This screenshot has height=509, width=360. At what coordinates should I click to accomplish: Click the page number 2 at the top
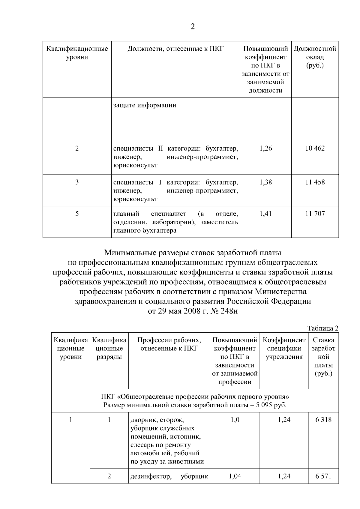193,27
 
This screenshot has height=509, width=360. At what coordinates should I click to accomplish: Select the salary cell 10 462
315,148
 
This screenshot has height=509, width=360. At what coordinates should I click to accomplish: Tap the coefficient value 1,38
265,182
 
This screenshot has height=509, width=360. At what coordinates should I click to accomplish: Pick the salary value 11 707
315,214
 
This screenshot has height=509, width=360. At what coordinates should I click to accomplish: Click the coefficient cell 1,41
265,214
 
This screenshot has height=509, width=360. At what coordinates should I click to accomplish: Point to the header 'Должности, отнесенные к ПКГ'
175,49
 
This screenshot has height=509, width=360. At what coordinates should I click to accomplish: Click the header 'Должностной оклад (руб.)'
315,57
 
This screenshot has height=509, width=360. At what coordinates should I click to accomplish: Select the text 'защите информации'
145,105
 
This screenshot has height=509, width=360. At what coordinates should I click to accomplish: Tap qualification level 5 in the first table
77,214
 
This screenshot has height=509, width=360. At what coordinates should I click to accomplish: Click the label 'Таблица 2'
323,328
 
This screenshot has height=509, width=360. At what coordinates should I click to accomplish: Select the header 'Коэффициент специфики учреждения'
284,349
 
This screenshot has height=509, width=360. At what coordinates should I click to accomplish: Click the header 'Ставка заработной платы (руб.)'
323,357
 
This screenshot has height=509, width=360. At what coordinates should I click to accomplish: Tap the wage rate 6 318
323,420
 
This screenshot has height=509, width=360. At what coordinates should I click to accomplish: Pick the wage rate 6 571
323,476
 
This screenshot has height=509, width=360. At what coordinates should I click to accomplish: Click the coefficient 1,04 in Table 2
235,476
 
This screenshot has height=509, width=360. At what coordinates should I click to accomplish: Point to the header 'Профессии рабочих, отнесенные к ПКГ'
169,344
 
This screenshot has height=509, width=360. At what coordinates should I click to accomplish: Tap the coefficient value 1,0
235,420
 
